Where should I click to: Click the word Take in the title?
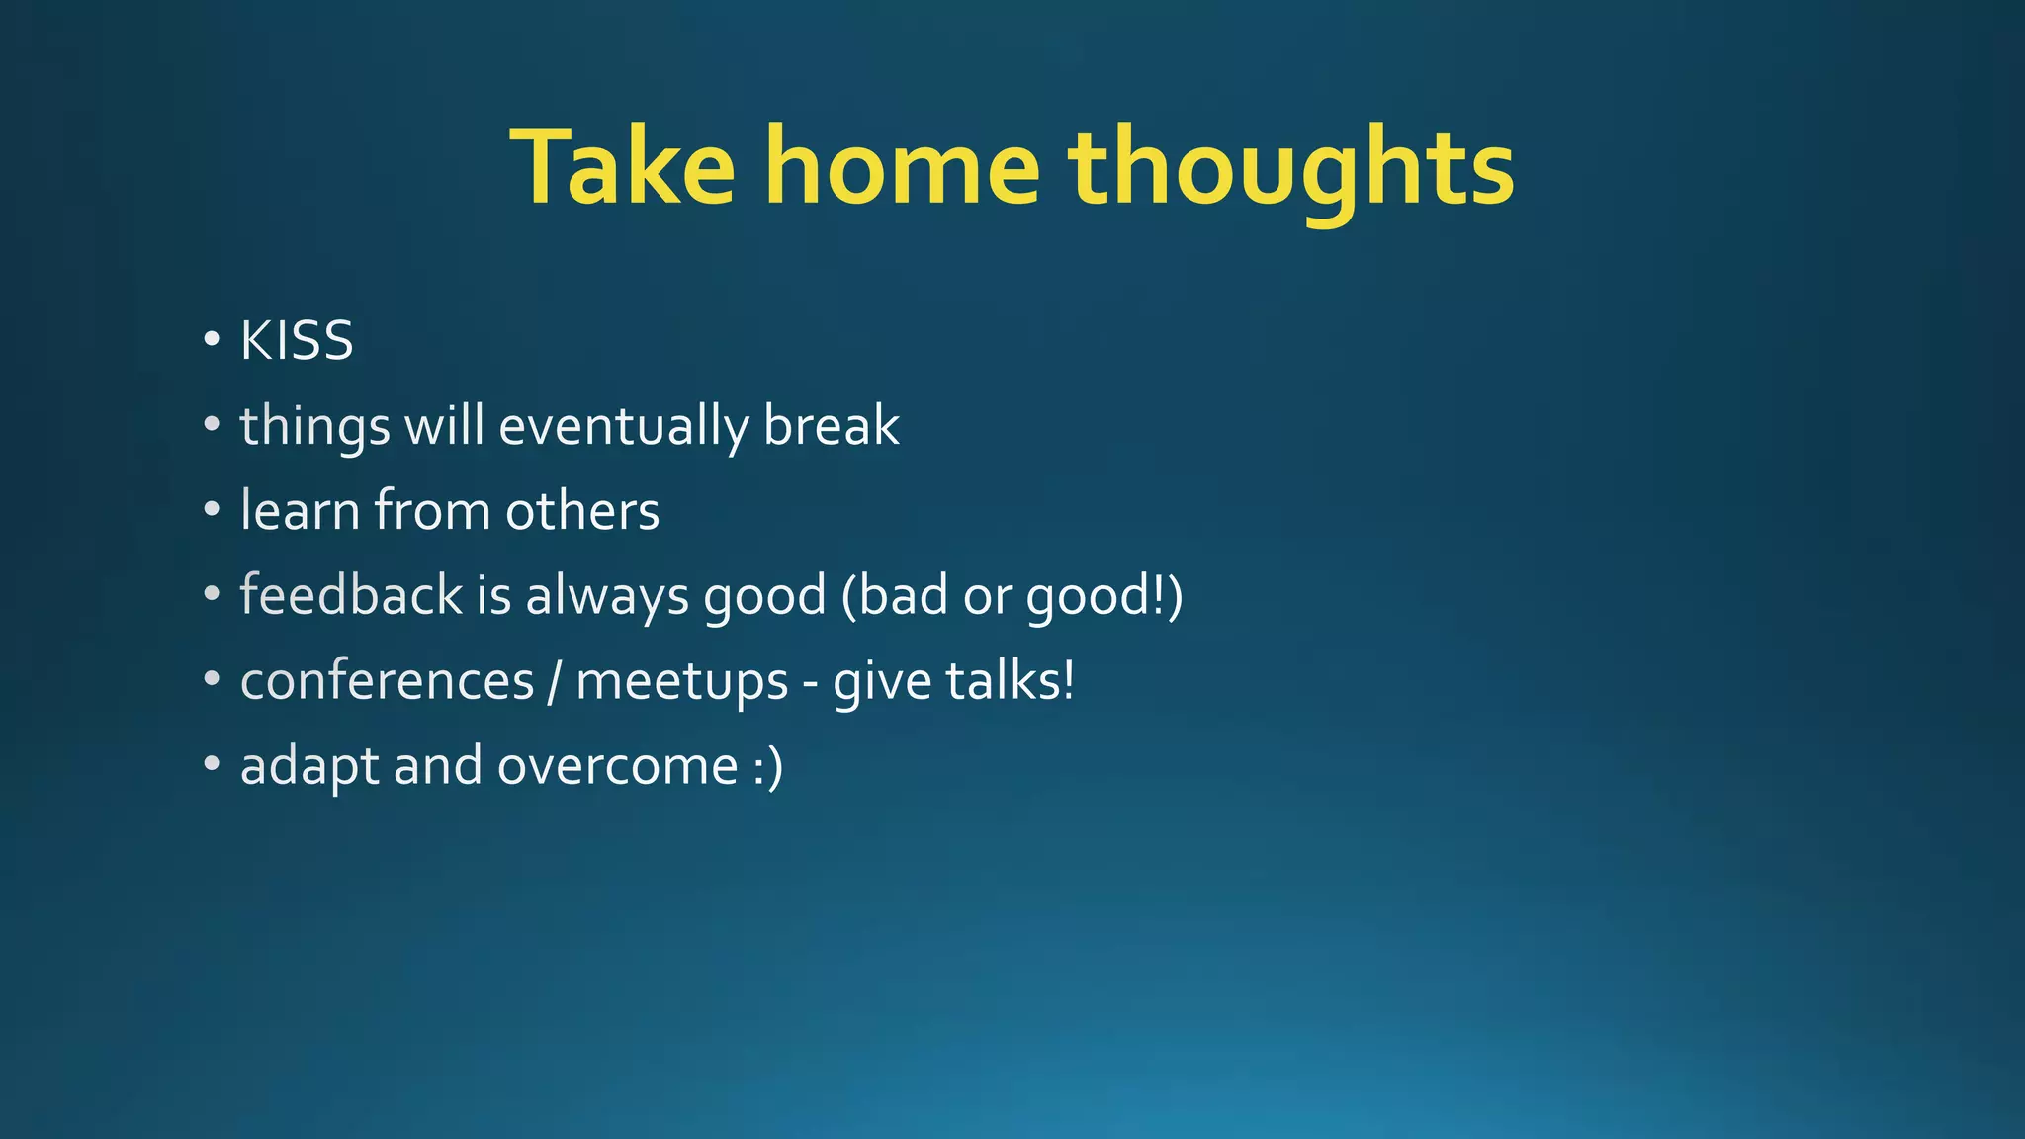623,168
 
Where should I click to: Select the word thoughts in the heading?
1290,168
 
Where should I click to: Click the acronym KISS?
297,342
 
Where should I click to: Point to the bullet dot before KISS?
211,340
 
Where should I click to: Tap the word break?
831,427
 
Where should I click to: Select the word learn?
300,511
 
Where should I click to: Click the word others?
581,511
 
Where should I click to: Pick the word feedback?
351,596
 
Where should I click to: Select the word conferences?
387,682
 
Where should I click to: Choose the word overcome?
617,767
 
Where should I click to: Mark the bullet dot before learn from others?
211,510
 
